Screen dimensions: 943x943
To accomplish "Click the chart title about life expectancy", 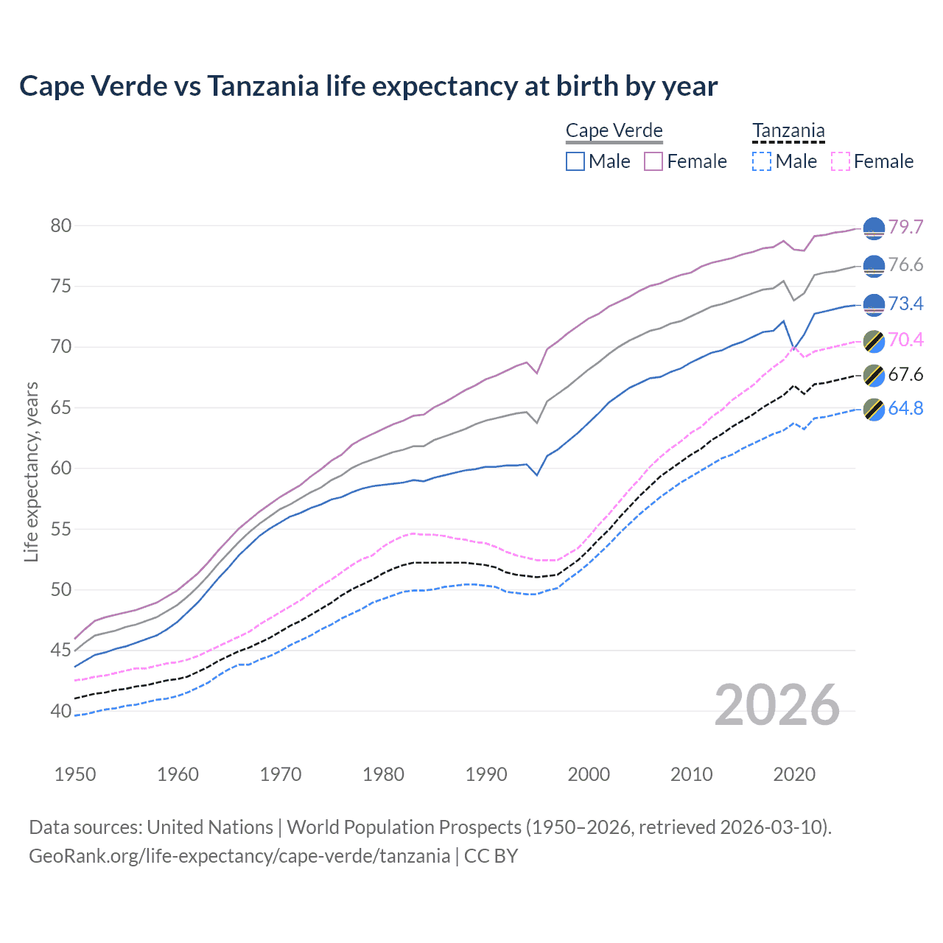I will (x=368, y=86).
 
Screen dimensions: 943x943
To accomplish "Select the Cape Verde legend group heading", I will (x=614, y=130).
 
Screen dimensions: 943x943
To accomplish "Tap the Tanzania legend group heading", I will (x=788, y=130).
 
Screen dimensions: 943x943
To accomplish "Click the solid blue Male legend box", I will (x=575, y=161).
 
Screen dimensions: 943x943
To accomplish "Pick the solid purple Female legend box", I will (x=653, y=161).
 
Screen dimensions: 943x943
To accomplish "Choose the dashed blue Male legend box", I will (x=762, y=161).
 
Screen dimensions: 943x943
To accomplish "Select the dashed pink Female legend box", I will (x=841, y=161).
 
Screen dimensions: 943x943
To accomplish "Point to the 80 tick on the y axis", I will (x=61, y=225).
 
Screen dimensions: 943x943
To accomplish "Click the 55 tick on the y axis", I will (x=61, y=529).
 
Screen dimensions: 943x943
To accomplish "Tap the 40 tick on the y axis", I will (x=61, y=711).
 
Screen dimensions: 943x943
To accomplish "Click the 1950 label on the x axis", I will (x=75, y=774).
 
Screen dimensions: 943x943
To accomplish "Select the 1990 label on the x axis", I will (x=486, y=774).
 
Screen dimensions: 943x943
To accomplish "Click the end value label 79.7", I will (x=905, y=227).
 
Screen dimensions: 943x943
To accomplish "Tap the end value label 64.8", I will (x=905, y=408).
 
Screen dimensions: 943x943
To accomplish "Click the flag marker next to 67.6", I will (x=874, y=375).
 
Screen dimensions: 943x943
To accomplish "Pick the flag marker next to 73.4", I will (x=874, y=304).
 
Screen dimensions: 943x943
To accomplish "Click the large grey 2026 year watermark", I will (x=777, y=705).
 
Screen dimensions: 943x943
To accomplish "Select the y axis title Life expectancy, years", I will (x=31, y=471).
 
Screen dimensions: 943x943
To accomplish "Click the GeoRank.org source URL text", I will (x=239, y=856).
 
